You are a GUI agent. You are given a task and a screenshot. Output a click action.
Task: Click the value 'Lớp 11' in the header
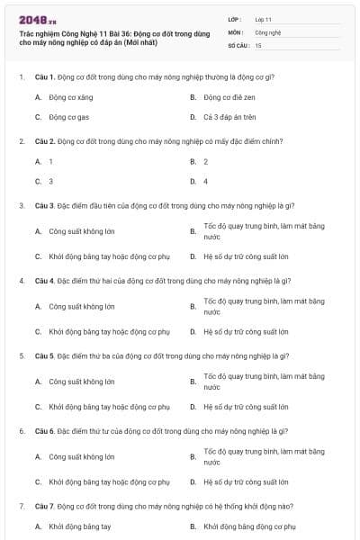click(x=264, y=18)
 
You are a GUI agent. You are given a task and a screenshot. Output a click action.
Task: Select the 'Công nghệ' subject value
click(x=268, y=31)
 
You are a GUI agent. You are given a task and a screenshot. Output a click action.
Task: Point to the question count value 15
click(x=258, y=44)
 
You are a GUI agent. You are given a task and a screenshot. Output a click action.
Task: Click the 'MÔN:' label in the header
click(x=237, y=31)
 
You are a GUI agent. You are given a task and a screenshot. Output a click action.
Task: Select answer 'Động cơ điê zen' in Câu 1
click(x=233, y=97)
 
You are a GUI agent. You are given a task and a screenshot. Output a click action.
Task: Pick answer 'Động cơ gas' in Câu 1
click(x=67, y=117)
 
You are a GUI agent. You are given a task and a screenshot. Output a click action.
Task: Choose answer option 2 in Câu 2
click(x=206, y=161)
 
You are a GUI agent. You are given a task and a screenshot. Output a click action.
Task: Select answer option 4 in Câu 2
click(x=206, y=181)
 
